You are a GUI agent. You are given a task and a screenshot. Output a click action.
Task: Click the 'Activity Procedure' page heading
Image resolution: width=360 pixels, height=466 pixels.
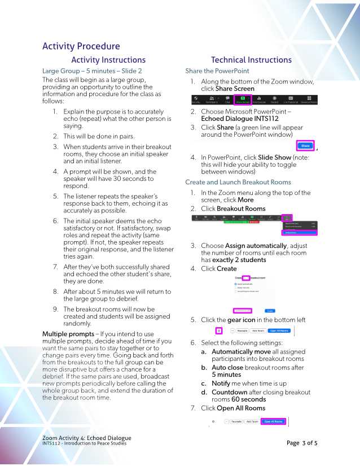click(x=81, y=46)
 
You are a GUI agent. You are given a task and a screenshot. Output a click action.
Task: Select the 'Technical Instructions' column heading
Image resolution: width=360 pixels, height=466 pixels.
click(x=251, y=60)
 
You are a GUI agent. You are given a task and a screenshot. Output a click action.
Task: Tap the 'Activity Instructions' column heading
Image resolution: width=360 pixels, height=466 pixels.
click(x=108, y=60)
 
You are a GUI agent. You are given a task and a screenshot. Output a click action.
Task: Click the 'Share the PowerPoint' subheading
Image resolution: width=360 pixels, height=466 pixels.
click(x=217, y=71)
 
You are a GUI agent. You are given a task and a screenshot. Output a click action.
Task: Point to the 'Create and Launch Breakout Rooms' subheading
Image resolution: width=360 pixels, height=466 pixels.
click(x=238, y=182)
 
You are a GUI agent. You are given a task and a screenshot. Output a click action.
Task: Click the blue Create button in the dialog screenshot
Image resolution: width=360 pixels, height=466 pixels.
click(x=270, y=310)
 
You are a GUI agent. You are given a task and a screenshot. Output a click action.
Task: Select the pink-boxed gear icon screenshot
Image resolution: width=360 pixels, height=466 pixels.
click(x=219, y=330)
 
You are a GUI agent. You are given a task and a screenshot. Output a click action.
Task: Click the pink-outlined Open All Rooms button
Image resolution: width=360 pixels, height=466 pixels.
click(x=274, y=421)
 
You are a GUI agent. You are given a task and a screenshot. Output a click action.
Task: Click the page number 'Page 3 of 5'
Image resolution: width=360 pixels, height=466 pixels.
click(x=302, y=443)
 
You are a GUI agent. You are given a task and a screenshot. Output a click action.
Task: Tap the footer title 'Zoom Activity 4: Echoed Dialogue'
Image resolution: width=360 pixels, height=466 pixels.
click(x=86, y=438)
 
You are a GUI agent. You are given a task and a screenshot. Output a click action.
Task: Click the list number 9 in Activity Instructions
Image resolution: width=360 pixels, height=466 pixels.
click(x=55, y=310)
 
